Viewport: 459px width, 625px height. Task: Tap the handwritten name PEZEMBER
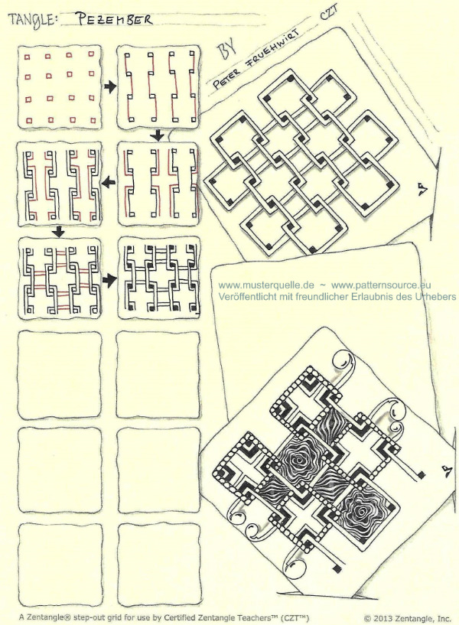pos(114,18)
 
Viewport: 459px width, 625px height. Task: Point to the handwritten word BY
pos(226,49)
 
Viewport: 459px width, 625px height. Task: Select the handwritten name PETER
pos(226,78)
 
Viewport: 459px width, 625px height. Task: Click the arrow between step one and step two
pos(109,86)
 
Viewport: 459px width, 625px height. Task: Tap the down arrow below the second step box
pos(158,135)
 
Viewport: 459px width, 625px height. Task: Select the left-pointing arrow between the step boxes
pos(109,183)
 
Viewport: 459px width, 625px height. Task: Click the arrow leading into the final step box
pos(109,280)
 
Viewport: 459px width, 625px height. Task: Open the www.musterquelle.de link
pos(266,285)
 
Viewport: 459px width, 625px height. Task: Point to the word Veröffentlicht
pos(244,297)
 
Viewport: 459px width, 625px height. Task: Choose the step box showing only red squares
pos(60,87)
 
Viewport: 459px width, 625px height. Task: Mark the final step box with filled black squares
pos(158,277)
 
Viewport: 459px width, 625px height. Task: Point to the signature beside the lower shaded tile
pos(446,470)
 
